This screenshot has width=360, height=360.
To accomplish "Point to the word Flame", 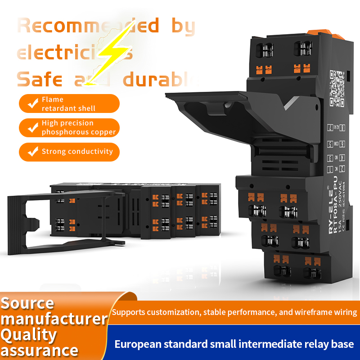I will [53, 99].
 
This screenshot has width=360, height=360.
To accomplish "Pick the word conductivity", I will [89, 152].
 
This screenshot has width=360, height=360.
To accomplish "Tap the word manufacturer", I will [54, 319].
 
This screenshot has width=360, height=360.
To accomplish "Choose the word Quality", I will [29, 335].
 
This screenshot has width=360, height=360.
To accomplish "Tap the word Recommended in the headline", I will [88, 26].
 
